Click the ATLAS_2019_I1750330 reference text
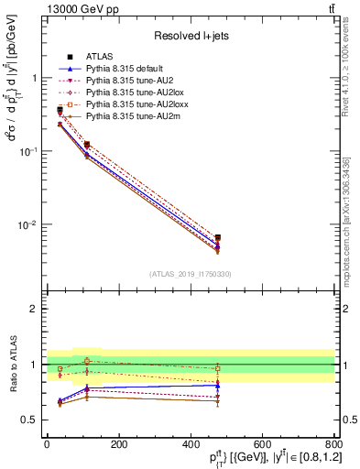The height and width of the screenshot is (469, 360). point(191,274)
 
